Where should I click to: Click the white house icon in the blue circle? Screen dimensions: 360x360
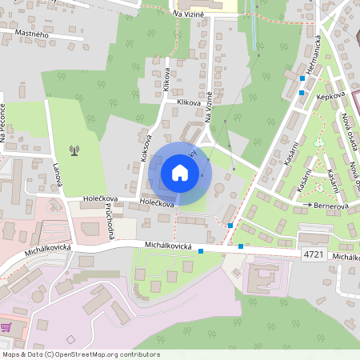click(180, 173)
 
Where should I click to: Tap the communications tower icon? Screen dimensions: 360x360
click(74, 150)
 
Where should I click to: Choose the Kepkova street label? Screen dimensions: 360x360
click(330, 96)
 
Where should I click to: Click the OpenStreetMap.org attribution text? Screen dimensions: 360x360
click(112, 354)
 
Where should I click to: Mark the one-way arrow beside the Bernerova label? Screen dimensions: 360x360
click(310, 206)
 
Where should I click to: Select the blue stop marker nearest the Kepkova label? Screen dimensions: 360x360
click(301, 93)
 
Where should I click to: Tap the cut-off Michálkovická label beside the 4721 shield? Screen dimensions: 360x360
click(346, 256)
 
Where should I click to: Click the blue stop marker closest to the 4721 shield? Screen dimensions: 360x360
click(241, 247)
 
